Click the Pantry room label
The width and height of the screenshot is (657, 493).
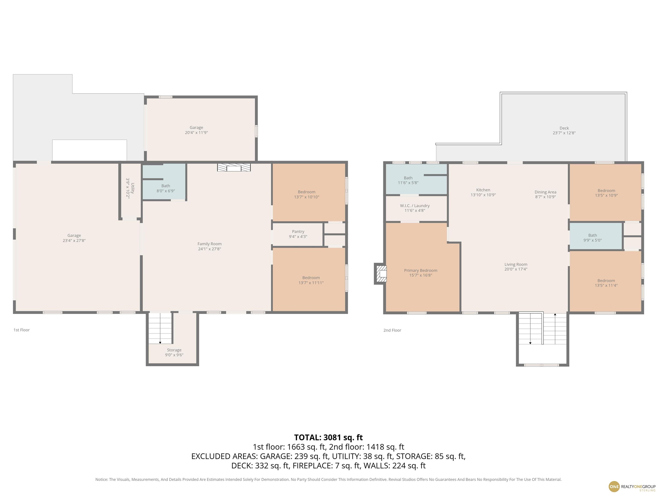[x=298, y=234]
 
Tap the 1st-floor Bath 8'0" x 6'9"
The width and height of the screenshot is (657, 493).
[x=166, y=188]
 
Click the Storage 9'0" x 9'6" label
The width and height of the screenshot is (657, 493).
[x=174, y=352]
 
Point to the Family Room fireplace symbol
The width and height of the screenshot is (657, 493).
[x=234, y=168]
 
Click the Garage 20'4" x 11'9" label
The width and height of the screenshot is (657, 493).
[x=196, y=130]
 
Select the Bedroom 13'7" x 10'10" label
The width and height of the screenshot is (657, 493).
[x=306, y=194]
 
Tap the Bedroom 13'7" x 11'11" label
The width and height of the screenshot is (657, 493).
[x=311, y=280]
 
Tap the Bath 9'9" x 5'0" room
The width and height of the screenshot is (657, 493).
[x=592, y=238]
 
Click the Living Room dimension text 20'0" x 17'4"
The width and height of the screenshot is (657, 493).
[x=516, y=269]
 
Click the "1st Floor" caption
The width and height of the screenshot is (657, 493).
[x=21, y=330]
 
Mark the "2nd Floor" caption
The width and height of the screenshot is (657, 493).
[x=392, y=330]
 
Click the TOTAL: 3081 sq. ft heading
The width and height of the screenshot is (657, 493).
[x=328, y=437]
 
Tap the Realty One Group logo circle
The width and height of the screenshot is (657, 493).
[x=614, y=486]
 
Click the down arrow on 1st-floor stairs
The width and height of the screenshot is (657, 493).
[x=160, y=342]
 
